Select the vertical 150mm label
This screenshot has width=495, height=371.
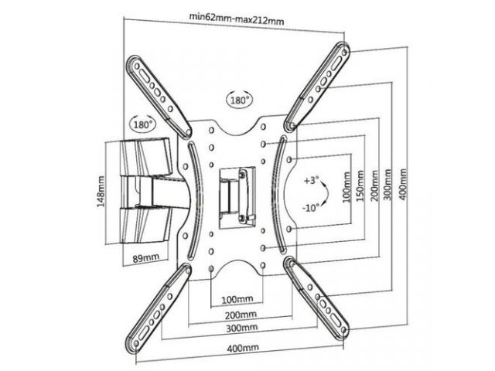tap(361, 185)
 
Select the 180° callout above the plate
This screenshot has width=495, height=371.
tap(238, 100)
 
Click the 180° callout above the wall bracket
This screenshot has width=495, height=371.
tap(142, 124)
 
